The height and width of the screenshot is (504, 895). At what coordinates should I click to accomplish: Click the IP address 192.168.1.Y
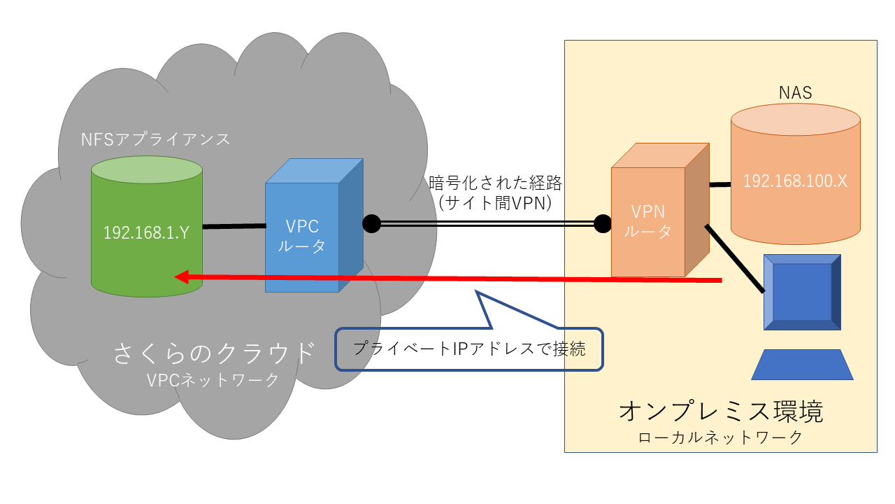[x=146, y=232]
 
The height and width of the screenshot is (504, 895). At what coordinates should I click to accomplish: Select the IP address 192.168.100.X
[x=795, y=181]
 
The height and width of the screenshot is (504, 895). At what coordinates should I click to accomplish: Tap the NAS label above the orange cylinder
[x=795, y=92]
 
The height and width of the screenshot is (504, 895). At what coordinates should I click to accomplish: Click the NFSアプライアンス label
[x=155, y=139]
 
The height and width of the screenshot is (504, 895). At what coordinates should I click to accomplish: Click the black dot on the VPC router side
[x=371, y=224]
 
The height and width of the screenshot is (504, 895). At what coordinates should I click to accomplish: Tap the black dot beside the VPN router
[x=603, y=224]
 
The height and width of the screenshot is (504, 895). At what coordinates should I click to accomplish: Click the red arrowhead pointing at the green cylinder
[x=181, y=276]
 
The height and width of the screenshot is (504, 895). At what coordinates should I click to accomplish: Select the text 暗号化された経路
[x=495, y=184]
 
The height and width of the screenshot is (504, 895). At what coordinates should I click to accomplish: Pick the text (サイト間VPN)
[x=495, y=203]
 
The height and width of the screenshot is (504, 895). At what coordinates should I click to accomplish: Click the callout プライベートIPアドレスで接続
[x=468, y=349]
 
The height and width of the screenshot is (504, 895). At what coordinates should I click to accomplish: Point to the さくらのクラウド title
[x=214, y=353]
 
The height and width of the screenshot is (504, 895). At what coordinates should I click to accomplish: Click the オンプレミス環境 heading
[x=720, y=412]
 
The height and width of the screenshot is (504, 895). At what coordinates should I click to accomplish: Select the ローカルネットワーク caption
[x=720, y=438]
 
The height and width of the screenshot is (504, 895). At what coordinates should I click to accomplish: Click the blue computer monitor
[x=802, y=292]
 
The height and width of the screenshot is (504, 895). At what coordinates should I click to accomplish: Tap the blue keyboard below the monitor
[x=802, y=365]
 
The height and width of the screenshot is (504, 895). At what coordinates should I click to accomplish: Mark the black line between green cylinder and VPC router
[x=234, y=226]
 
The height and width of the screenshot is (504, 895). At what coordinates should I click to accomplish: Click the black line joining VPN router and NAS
[x=719, y=185]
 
